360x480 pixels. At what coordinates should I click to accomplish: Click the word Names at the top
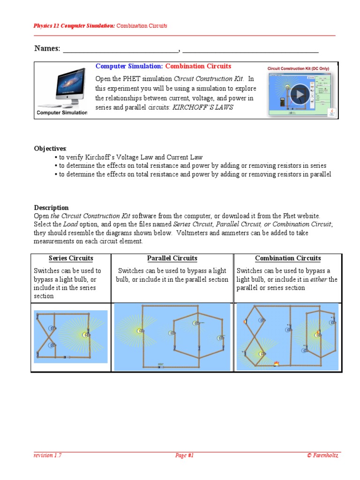tap(46, 49)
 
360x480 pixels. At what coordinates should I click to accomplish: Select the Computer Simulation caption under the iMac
tap(62, 112)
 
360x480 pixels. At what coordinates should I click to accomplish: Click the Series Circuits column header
tap(71, 258)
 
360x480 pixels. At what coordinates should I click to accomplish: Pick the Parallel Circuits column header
tap(172, 258)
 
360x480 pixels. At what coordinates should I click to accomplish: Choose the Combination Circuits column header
tap(288, 258)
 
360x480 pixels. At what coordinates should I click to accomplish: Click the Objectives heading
tap(50, 149)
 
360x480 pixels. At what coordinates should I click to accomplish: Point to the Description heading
tap(51, 208)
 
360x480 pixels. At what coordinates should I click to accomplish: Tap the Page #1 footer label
tap(184, 455)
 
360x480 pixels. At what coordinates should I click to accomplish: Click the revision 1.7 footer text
tap(47, 455)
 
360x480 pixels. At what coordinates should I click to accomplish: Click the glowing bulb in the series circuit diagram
tap(85, 334)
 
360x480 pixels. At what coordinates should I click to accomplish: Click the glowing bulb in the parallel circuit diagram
tap(139, 330)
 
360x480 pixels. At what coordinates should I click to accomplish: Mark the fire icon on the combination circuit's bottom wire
tap(277, 363)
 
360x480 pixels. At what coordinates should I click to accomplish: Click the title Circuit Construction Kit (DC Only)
tap(298, 68)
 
